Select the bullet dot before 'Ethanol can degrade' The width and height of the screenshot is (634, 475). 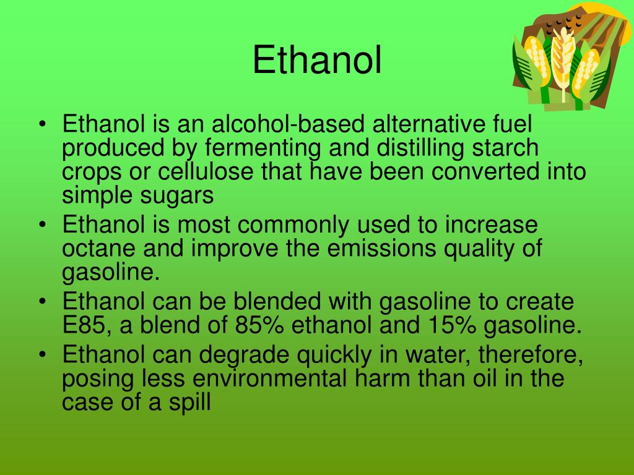coord(42,356)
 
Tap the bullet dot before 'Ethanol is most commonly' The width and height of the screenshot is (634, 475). coord(42,225)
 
